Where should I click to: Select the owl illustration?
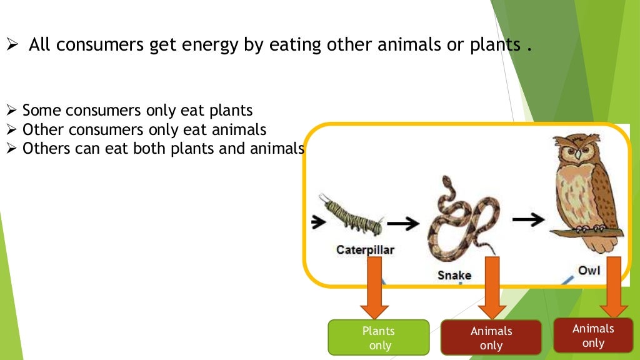pyautogui.click(x=584, y=187)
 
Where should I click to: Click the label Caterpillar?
pyautogui.click(x=366, y=250)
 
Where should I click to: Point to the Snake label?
pyautogui.click(x=454, y=275)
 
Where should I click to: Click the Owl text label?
pyautogui.click(x=589, y=270)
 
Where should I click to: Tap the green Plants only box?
pyautogui.click(x=379, y=337)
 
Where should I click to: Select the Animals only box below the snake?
pyautogui.click(x=491, y=338)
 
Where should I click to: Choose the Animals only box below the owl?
pyautogui.click(x=593, y=336)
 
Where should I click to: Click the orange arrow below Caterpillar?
pyautogui.click(x=375, y=287)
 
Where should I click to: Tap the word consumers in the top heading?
pyautogui.click(x=97, y=46)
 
